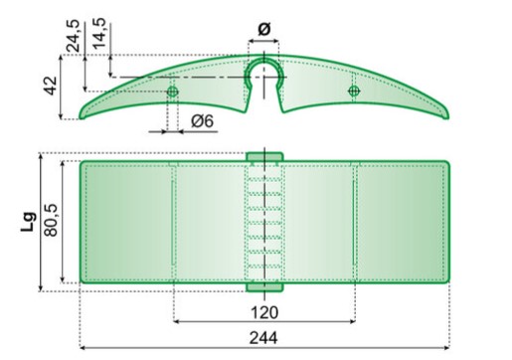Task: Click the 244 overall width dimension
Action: click(263, 338)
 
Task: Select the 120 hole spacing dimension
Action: click(264, 312)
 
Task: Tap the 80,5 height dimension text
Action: click(51, 220)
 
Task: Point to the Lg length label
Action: click(29, 222)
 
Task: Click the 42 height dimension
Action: click(51, 86)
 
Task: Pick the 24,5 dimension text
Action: click(74, 36)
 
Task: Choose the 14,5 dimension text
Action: click(99, 34)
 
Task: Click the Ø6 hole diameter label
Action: click(203, 121)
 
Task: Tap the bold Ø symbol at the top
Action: click(264, 29)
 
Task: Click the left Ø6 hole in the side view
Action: click(172, 91)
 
